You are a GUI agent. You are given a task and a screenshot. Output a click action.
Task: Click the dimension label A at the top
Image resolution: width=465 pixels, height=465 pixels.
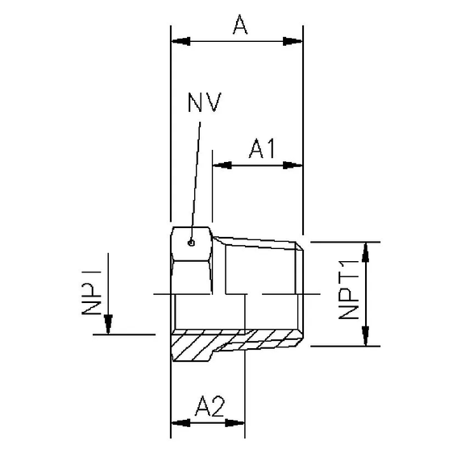[x=239, y=26]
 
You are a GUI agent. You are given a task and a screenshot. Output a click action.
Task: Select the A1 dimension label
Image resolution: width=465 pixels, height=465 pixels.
[x=262, y=149]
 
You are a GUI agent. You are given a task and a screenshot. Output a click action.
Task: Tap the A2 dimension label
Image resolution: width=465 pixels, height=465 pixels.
[x=210, y=408]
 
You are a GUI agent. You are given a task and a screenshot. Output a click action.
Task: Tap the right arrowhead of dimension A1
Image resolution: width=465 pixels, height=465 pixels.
[x=294, y=165]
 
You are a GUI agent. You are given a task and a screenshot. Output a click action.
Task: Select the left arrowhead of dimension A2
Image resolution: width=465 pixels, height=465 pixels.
[x=179, y=423]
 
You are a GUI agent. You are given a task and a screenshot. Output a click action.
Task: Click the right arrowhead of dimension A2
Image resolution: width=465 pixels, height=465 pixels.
[x=237, y=423]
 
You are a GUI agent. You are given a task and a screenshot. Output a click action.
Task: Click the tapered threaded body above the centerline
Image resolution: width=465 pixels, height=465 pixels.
[x=262, y=266]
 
